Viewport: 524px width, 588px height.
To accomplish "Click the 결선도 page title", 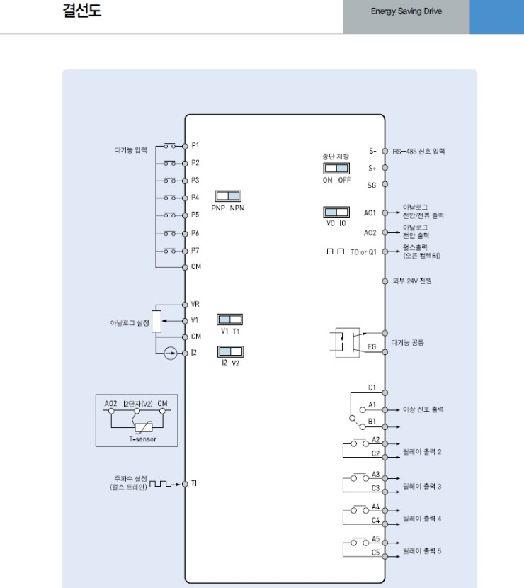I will point(81,12).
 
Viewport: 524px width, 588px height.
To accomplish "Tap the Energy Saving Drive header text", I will point(406,12).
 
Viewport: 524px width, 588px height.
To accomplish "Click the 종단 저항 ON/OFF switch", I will point(336,168).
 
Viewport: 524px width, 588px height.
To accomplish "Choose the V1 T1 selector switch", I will point(229,320).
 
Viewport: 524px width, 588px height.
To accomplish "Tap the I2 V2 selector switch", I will point(229,352).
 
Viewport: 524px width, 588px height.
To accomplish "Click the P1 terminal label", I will point(195,145).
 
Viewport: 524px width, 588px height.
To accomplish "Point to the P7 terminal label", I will point(195,251).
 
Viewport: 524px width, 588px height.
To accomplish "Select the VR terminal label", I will point(195,304).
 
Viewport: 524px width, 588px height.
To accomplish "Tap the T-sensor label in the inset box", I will point(142,439).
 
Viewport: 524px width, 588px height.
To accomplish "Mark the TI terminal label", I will point(194,484).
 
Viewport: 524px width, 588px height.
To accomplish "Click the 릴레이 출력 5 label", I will point(422,550).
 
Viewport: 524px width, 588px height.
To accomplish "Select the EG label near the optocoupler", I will point(372,347).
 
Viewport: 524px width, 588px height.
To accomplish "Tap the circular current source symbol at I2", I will point(168,353).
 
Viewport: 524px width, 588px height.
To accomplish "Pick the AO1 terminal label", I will point(370,212).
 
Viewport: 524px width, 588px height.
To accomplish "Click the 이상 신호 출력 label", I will point(423,409).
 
